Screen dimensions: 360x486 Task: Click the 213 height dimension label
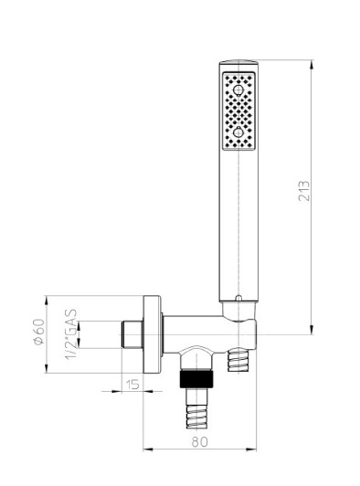point(304,191)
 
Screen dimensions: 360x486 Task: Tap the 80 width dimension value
point(199,441)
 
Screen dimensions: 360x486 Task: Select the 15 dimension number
point(132,385)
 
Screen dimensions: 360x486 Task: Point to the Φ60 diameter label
point(39,332)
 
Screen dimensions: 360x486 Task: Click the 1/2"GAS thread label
point(71,334)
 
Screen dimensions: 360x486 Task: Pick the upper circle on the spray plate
point(238,90)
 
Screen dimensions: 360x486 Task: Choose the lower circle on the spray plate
point(238,132)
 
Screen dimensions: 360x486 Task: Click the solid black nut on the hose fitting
point(196,378)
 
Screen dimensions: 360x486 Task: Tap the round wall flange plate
point(152,334)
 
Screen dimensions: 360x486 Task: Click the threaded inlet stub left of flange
point(132,334)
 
